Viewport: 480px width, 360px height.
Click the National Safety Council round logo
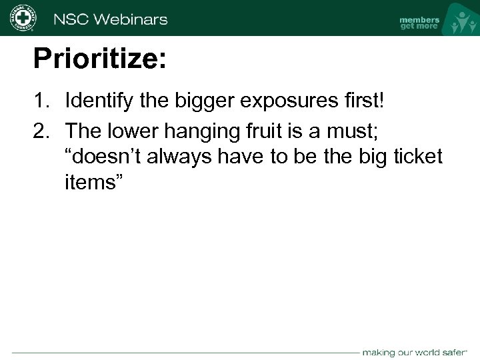22,18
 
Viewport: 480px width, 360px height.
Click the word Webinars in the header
131,19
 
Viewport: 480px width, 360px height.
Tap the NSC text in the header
71,19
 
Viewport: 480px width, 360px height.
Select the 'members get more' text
419,23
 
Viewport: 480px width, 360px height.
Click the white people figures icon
461,20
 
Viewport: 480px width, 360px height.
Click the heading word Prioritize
99,59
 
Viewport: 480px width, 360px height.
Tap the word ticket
417,156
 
